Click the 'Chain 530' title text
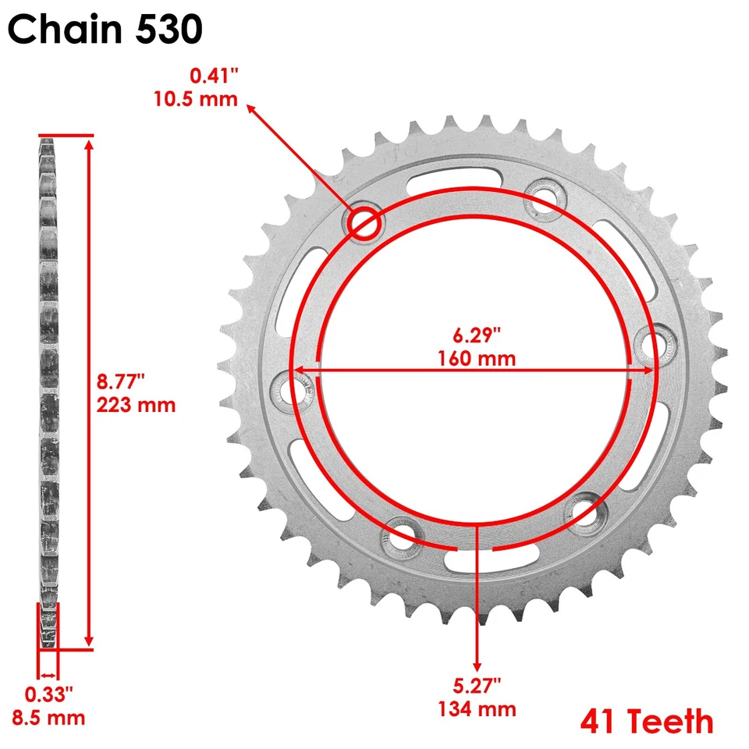tap(106, 30)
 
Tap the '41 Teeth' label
tap(646, 722)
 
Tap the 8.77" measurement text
tap(122, 382)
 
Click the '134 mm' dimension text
tap(476, 708)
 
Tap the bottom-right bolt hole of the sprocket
tap(583, 511)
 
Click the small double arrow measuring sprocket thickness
tap(48, 675)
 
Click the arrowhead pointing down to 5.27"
tap(477, 664)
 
